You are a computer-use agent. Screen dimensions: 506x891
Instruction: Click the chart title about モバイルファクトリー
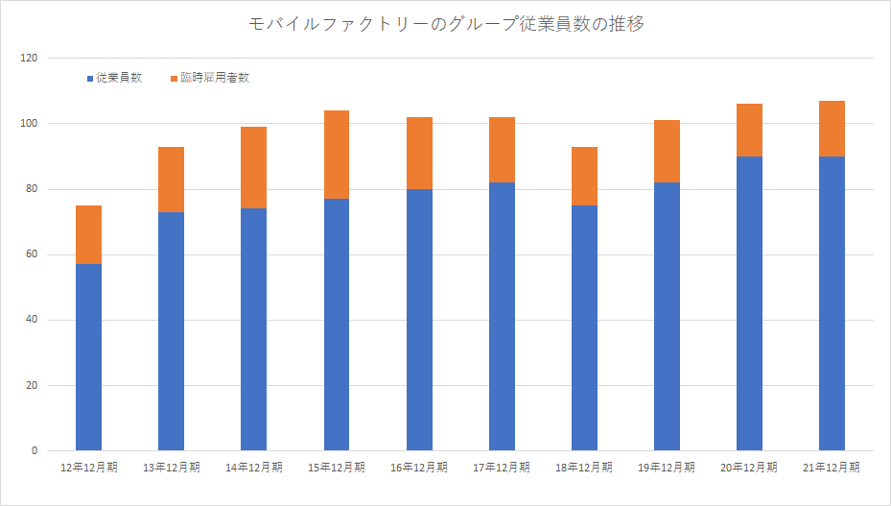coord(445,25)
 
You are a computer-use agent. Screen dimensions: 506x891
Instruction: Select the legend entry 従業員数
coord(119,78)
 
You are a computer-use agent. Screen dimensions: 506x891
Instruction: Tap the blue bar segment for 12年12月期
coord(88,357)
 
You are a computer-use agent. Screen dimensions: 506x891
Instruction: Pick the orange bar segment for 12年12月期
coord(88,235)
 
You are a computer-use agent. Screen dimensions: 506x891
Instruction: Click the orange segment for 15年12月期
coord(336,155)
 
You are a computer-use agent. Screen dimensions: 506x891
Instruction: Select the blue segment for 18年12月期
coord(584,327)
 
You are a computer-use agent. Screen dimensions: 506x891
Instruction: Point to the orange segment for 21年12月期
coord(832,129)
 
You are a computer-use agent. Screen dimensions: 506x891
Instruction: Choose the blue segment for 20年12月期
coord(749,303)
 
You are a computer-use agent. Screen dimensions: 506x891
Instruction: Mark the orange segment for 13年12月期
coord(171,180)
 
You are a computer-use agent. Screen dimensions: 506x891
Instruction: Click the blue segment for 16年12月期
coord(419,320)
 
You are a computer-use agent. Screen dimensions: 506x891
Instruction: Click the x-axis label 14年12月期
coord(253,468)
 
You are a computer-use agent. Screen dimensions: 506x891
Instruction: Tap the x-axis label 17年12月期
coord(502,468)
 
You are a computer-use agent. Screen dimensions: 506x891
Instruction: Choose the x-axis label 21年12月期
coord(832,468)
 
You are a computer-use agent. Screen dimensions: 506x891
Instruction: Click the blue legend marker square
coord(90,78)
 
